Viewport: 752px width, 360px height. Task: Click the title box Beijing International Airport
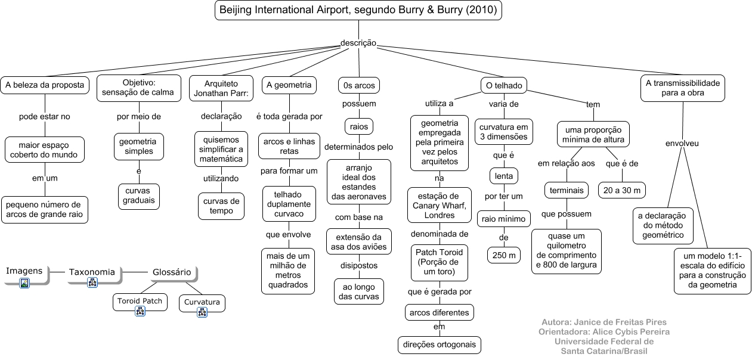point(358,10)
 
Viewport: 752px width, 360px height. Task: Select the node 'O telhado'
point(504,86)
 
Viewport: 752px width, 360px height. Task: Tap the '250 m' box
point(504,255)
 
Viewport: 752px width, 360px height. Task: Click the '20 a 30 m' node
point(622,190)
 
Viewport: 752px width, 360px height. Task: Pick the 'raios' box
point(358,126)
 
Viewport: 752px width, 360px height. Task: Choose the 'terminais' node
point(562,190)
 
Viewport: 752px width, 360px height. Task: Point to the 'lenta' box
point(504,176)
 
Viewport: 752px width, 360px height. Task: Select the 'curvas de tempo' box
point(221,206)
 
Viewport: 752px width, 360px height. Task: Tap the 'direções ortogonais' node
point(440,345)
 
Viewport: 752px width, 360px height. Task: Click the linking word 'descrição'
point(358,43)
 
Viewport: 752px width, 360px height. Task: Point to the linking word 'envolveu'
point(682,144)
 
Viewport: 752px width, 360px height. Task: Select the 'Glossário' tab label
point(171,272)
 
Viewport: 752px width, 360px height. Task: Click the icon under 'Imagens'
point(24,283)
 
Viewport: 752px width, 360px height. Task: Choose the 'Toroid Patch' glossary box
point(140,301)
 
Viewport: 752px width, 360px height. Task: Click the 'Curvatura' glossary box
point(202,302)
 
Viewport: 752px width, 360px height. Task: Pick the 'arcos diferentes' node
point(440,312)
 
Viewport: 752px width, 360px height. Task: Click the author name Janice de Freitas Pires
point(604,322)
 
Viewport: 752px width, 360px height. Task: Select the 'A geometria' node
point(289,85)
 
